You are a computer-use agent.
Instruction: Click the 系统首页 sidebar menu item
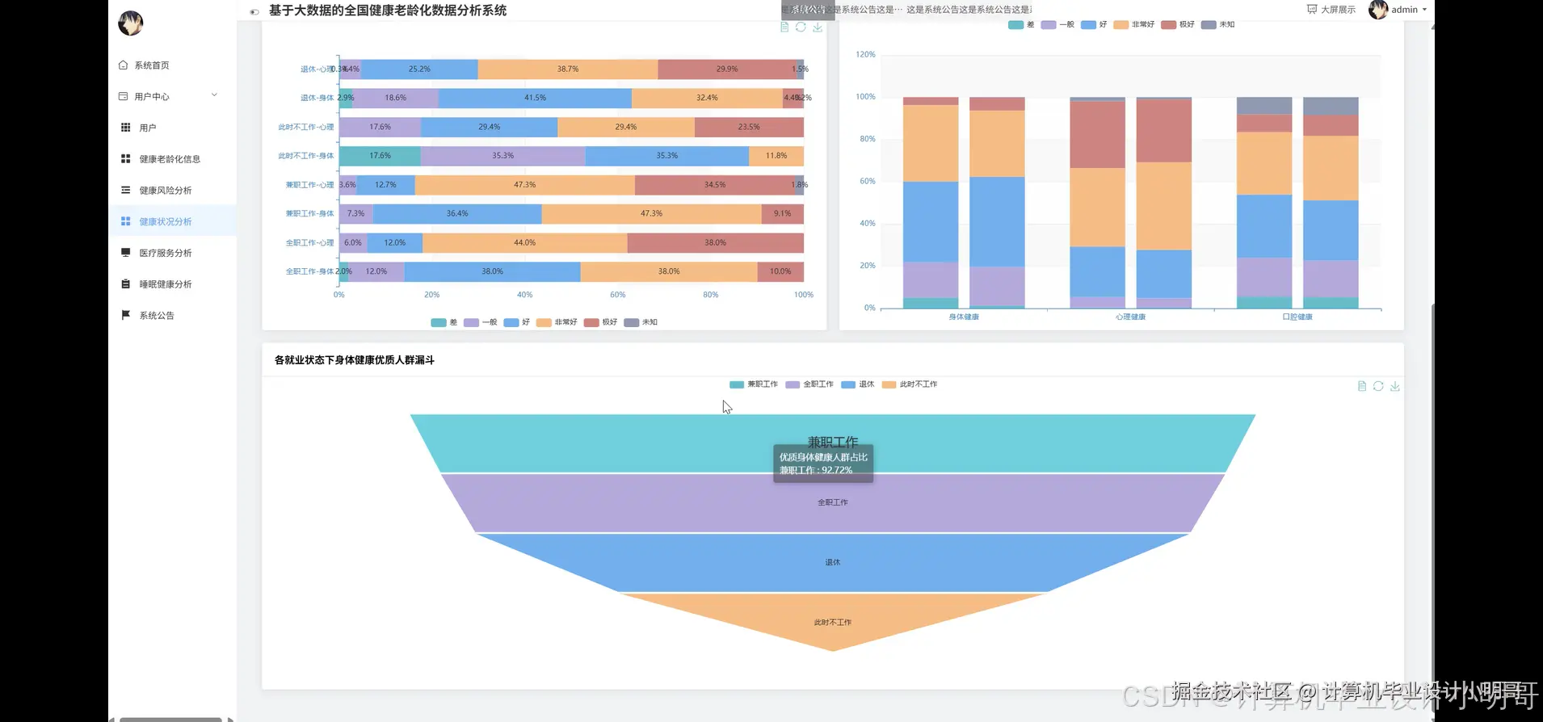[151, 65]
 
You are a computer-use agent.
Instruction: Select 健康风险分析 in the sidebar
[165, 191]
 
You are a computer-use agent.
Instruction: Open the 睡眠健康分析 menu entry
[165, 284]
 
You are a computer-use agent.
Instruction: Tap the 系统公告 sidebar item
[156, 316]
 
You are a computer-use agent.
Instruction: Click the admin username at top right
[1404, 10]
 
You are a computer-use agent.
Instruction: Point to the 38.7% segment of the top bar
[567, 69]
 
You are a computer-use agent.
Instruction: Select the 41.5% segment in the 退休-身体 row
[535, 98]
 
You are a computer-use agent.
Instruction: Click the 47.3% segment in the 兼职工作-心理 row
[524, 185]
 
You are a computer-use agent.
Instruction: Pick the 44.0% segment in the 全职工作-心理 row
[524, 243]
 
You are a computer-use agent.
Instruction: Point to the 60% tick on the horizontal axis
[617, 295]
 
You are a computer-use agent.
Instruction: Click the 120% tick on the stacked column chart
[865, 55]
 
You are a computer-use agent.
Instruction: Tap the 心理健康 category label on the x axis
[1130, 317]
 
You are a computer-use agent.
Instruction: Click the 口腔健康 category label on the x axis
[1297, 317]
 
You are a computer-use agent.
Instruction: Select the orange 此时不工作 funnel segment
[832, 622]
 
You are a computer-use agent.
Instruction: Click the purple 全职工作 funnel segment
[832, 502]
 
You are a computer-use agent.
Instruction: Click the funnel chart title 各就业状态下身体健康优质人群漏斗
[354, 360]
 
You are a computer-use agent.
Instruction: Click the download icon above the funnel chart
[1394, 386]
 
